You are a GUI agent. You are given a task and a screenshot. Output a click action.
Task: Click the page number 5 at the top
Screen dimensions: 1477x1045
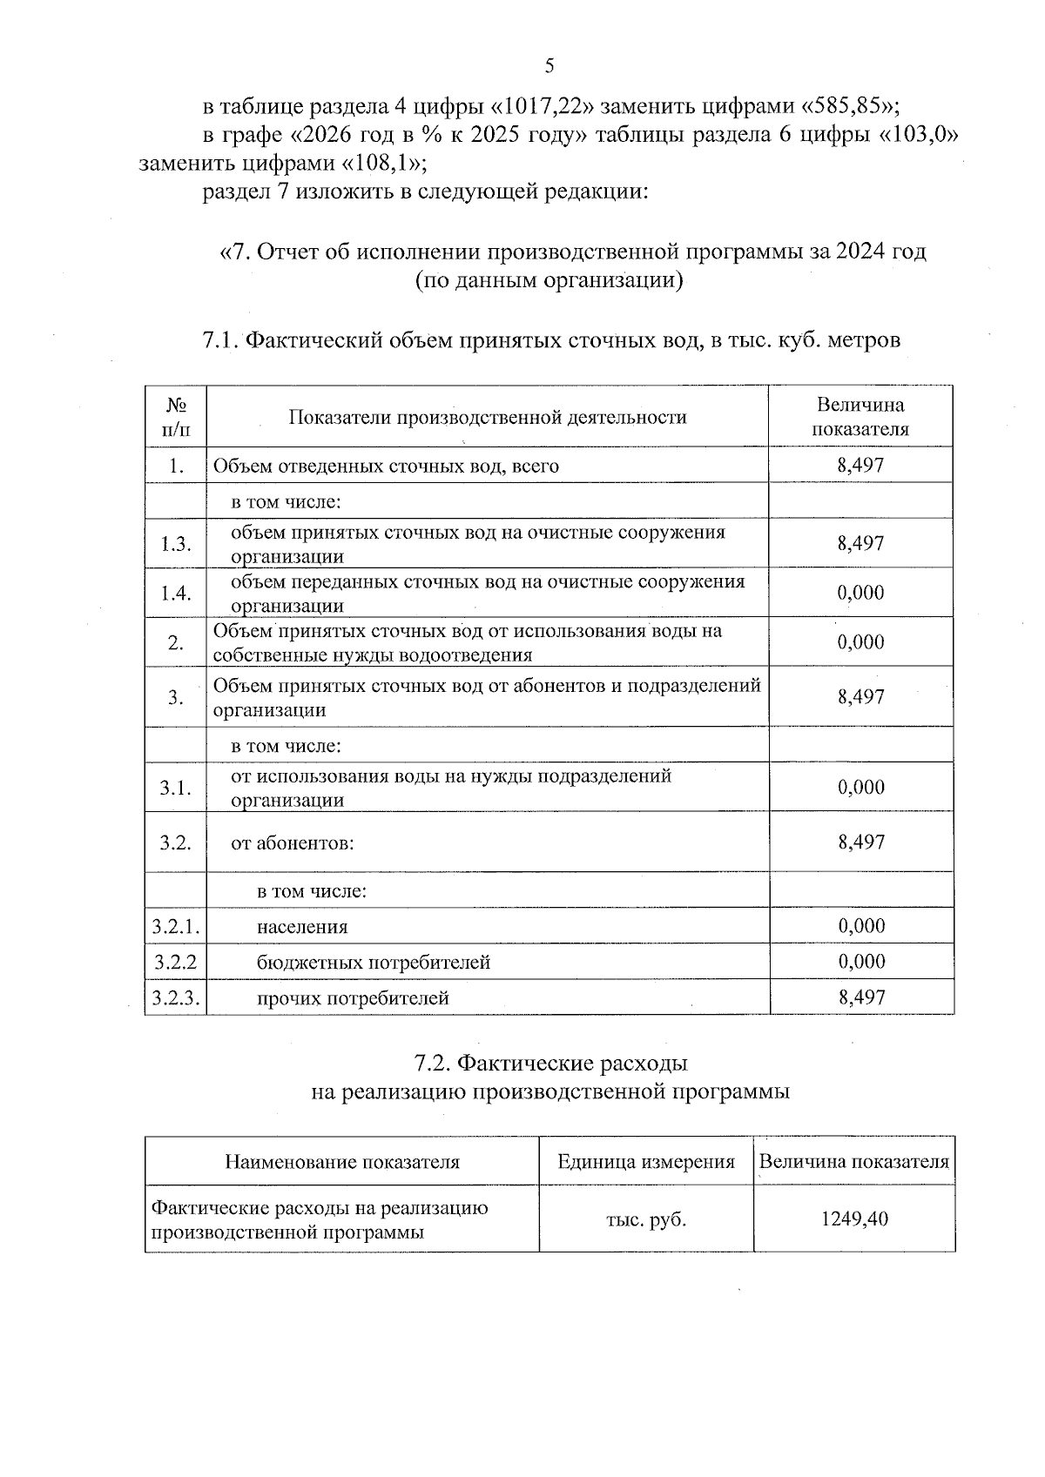coord(549,66)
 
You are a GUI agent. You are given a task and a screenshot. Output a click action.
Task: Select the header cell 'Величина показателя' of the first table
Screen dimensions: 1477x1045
coord(860,417)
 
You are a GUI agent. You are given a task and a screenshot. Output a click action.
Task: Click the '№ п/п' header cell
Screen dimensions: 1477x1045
coord(176,417)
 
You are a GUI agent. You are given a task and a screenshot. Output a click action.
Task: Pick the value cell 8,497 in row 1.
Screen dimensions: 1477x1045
coord(860,466)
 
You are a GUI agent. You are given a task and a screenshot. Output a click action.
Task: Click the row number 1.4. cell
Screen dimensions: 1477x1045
coord(176,594)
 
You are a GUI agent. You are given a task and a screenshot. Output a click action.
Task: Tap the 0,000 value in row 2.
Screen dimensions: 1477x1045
coord(860,642)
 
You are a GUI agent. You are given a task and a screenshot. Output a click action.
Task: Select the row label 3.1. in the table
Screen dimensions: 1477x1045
coord(176,788)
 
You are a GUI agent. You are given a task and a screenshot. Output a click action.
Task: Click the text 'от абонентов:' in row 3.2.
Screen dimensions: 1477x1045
coord(293,843)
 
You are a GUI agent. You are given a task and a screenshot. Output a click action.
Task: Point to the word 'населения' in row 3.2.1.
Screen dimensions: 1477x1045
coord(302,927)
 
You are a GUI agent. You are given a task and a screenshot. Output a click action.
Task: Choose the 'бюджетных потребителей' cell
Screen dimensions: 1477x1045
coord(374,963)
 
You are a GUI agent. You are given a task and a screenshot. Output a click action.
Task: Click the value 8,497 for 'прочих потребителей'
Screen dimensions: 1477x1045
coord(861,997)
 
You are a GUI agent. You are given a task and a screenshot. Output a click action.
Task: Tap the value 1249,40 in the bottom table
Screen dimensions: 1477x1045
coord(854,1219)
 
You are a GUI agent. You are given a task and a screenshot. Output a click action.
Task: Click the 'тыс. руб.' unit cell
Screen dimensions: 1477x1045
coord(646,1219)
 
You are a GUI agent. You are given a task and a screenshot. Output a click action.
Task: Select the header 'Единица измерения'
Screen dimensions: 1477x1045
coord(646,1162)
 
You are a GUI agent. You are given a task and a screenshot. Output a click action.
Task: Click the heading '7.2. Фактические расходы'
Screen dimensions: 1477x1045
coord(550,1063)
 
